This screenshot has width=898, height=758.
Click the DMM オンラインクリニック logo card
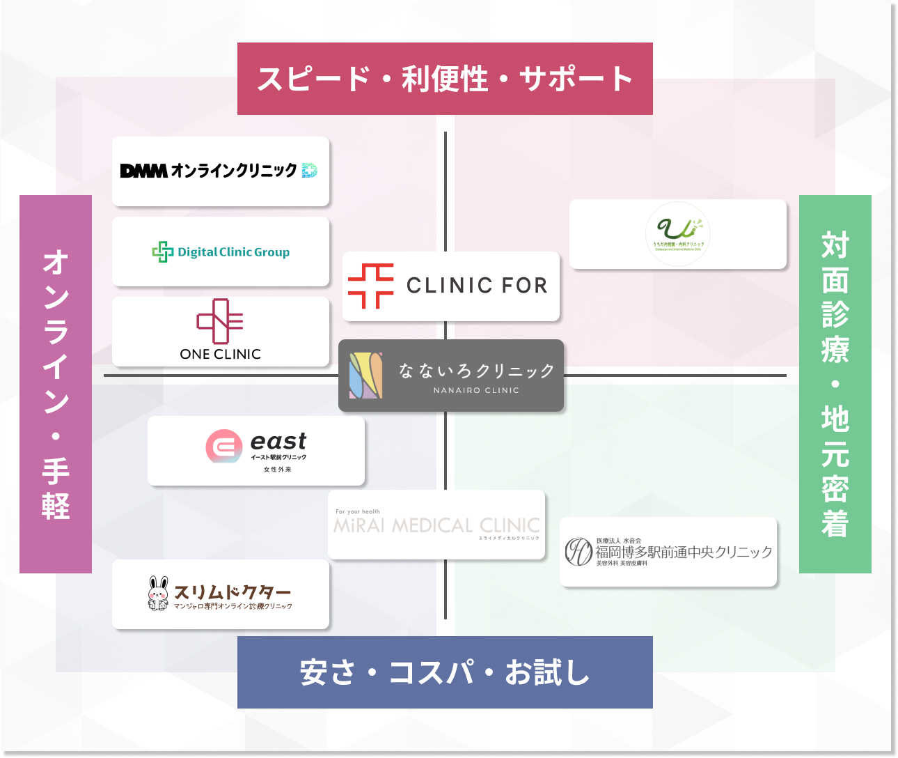pos(220,171)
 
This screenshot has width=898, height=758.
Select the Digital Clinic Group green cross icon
pos(163,252)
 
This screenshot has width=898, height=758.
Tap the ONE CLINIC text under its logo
pos(220,354)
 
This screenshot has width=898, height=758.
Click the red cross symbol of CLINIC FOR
pos(371,286)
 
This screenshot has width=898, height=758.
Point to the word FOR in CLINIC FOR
pos(524,286)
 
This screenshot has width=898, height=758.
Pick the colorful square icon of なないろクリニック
pos(366,376)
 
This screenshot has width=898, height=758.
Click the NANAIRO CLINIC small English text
pos(476,391)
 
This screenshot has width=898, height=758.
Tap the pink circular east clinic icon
pos(224,446)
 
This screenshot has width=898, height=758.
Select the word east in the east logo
pos(278,441)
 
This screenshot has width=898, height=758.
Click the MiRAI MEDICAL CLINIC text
pos(436,525)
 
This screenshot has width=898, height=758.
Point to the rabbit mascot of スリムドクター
pos(159,594)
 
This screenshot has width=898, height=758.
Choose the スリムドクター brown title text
pos(233,591)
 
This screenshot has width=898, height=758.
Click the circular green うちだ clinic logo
pos(678,233)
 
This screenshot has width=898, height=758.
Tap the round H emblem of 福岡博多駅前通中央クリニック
pos(578,552)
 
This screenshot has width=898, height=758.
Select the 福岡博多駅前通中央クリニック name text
pos(684,552)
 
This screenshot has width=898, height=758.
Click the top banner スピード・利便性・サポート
pos(445,79)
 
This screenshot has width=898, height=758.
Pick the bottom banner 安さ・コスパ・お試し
pos(445,672)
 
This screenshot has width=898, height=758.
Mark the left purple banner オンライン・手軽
pos(56,384)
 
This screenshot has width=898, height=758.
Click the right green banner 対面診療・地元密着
pos(835,384)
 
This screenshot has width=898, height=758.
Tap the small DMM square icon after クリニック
pos(310,170)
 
